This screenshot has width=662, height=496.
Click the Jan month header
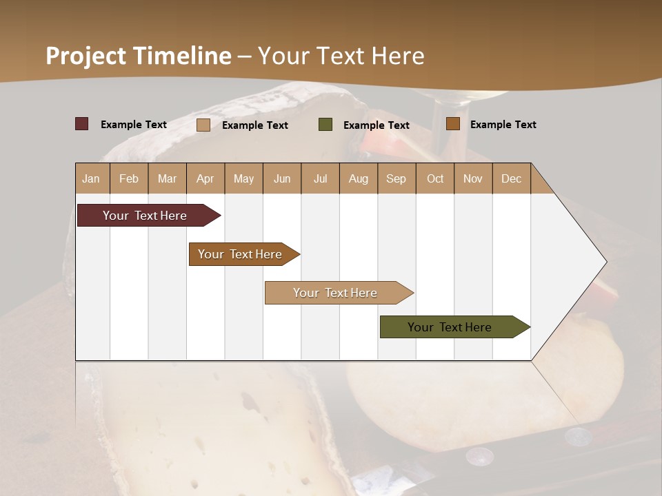91,179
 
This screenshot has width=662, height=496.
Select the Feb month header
129,179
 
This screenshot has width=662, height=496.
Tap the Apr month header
205,179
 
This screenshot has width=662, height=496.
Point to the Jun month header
282,179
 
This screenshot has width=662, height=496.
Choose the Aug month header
359,179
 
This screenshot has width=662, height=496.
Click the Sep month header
397,179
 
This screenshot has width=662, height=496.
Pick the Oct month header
435,179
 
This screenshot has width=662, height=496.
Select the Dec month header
512,179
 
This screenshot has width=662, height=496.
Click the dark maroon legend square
82,124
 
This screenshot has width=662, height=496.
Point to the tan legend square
203,125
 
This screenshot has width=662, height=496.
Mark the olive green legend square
325,125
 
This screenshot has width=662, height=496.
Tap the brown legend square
453,124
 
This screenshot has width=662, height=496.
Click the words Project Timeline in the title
138,56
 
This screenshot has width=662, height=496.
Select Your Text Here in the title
341,56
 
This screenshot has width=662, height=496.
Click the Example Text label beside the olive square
377,125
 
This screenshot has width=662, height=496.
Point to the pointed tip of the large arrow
605,262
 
